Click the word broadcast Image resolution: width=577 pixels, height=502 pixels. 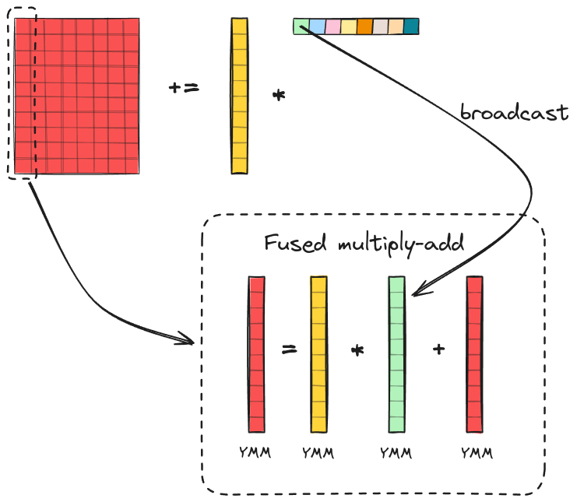point(514,112)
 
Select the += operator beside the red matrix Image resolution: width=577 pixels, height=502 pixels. point(184,88)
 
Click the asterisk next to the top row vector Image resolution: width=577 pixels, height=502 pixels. point(278,96)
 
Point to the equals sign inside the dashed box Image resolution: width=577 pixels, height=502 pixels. point(289,349)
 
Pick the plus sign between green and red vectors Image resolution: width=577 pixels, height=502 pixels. point(439,349)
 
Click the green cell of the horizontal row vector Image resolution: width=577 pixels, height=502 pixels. point(301,27)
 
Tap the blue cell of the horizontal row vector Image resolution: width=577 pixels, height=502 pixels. point(317,27)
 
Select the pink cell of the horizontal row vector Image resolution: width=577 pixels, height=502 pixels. point(332,27)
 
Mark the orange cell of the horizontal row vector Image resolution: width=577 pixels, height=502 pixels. point(364,27)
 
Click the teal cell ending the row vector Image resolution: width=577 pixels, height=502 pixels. point(411,27)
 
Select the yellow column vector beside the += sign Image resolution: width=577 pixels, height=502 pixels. point(239,96)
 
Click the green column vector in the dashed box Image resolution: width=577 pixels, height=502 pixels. point(397,354)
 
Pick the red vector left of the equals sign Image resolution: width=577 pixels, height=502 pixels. point(256,354)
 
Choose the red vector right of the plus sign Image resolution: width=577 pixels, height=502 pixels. point(475,354)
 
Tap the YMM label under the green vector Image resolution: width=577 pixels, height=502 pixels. point(395,452)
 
